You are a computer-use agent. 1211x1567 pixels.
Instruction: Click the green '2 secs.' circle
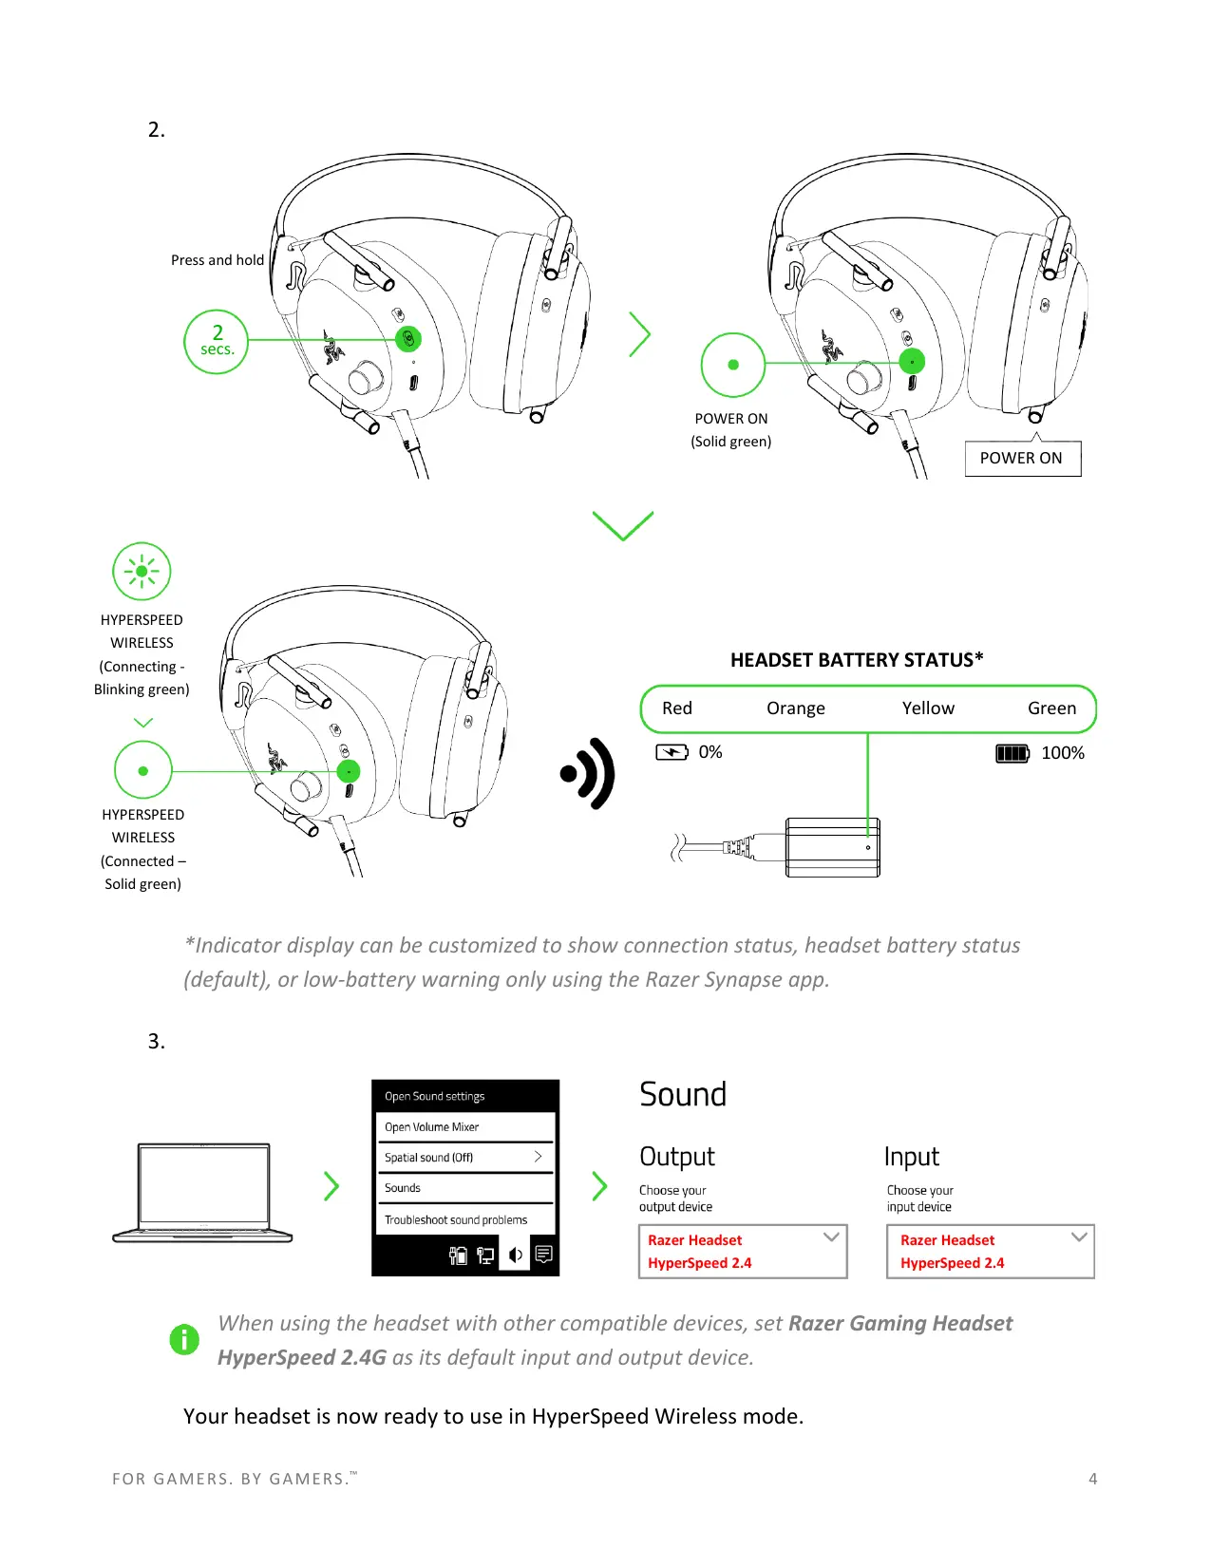click(x=217, y=342)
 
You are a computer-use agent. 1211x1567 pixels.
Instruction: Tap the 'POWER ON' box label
click(x=1021, y=458)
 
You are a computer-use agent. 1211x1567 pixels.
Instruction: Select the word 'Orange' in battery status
click(x=795, y=708)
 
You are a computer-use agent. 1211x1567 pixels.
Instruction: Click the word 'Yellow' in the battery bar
click(x=927, y=708)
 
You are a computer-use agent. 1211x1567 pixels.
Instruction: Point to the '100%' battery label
click(x=1062, y=753)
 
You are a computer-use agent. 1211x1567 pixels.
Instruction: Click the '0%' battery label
click(x=710, y=752)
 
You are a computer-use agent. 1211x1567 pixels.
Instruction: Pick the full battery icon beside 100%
click(x=1012, y=754)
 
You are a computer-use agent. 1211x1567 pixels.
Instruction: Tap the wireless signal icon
click(x=589, y=774)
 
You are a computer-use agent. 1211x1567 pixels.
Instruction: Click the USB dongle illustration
click(x=831, y=847)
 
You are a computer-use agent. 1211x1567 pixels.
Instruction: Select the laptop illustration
click(x=202, y=1193)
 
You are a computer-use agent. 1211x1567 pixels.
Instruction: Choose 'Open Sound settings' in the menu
click(x=434, y=1096)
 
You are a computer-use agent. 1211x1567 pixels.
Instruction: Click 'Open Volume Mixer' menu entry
click(x=431, y=1127)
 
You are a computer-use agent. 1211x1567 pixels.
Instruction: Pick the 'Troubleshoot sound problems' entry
click(x=455, y=1220)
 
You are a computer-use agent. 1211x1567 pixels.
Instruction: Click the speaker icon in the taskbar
click(x=515, y=1255)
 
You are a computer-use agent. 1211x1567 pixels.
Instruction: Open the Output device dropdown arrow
click(x=831, y=1237)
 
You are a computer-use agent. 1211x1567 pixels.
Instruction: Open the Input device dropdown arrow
click(x=1079, y=1237)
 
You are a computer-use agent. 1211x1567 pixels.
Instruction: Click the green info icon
click(x=184, y=1339)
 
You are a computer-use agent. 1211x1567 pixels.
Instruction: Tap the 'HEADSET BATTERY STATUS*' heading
click(x=856, y=660)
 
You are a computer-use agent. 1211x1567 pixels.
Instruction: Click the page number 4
click(x=1092, y=1479)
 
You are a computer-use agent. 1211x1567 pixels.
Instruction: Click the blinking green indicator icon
click(x=142, y=572)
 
